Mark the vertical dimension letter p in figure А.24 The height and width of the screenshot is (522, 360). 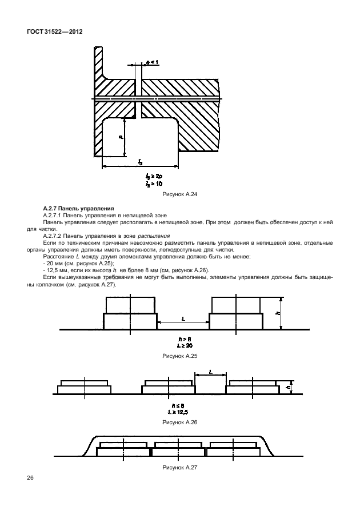pyautogui.click(x=121, y=137)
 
